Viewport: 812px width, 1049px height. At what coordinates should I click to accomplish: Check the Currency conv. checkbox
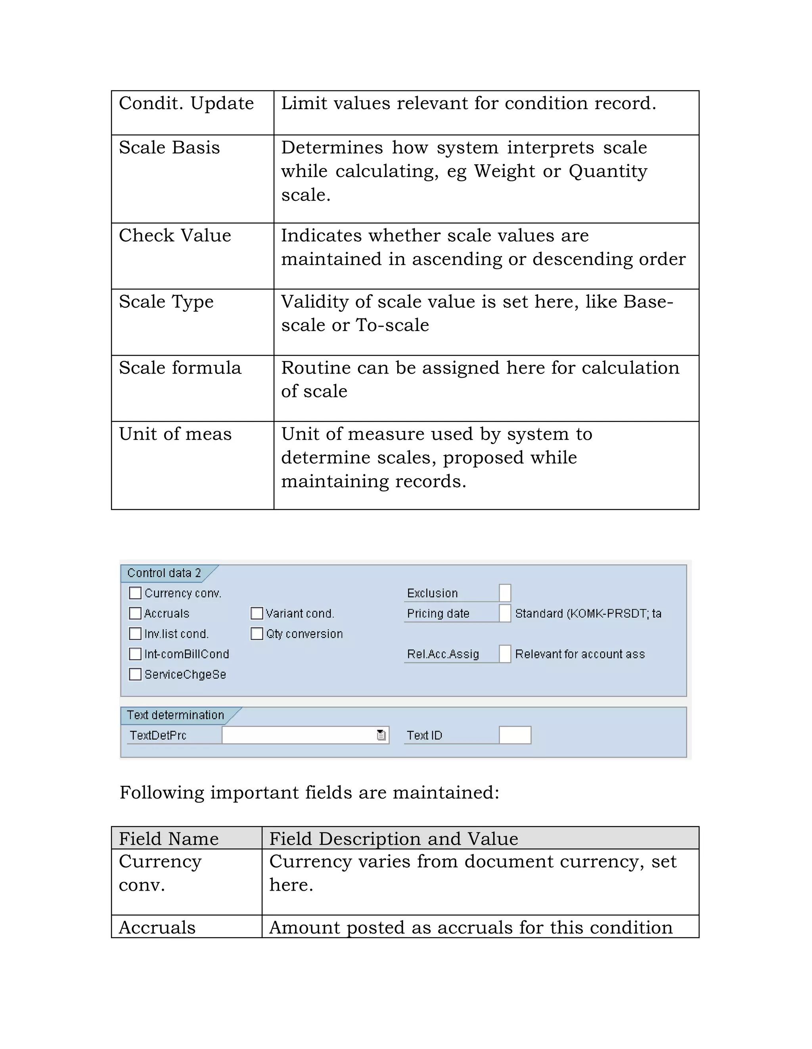pyautogui.click(x=135, y=593)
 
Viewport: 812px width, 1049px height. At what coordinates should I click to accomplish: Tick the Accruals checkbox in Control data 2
pyautogui.click(x=135, y=613)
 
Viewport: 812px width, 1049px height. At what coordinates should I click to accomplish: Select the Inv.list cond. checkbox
pyautogui.click(x=135, y=633)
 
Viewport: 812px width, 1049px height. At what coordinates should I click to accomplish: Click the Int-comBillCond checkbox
pyautogui.click(x=135, y=654)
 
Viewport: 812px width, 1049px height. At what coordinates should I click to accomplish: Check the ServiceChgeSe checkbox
pyautogui.click(x=135, y=674)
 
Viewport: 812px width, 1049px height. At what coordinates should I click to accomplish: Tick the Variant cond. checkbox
pyautogui.click(x=257, y=613)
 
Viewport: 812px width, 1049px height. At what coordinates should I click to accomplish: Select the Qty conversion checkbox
pyautogui.click(x=257, y=633)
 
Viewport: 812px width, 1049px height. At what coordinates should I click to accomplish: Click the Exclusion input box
pyautogui.click(x=505, y=593)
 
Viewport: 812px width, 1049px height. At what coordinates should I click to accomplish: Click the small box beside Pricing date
pyautogui.click(x=505, y=613)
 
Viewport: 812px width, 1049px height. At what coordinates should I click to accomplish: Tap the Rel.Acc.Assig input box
pyautogui.click(x=505, y=654)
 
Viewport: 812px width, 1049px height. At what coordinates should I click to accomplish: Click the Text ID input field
pyautogui.click(x=515, y=735)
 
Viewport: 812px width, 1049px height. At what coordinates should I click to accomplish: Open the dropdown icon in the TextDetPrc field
pyautogui.click(x=381, y=735)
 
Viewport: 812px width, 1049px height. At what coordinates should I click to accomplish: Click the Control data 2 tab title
pyautogui.click(x=164, y=573)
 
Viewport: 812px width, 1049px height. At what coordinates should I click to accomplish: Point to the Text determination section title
pyautogui.click(x=175, y=715)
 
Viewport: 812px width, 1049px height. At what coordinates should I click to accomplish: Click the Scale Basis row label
pyautogui.click(x=169, y=148)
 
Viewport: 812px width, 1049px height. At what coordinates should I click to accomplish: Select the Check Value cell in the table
pyautogui.click(x=175, y=236)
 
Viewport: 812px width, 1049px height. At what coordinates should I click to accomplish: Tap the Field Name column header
pyautogui.click(x=169, y=839)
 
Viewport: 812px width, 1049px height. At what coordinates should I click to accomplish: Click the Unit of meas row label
pyautogui.click(x=175, y=434)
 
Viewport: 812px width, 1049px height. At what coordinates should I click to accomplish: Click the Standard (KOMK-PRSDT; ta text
pyautogui.click(x=588, y=613)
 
